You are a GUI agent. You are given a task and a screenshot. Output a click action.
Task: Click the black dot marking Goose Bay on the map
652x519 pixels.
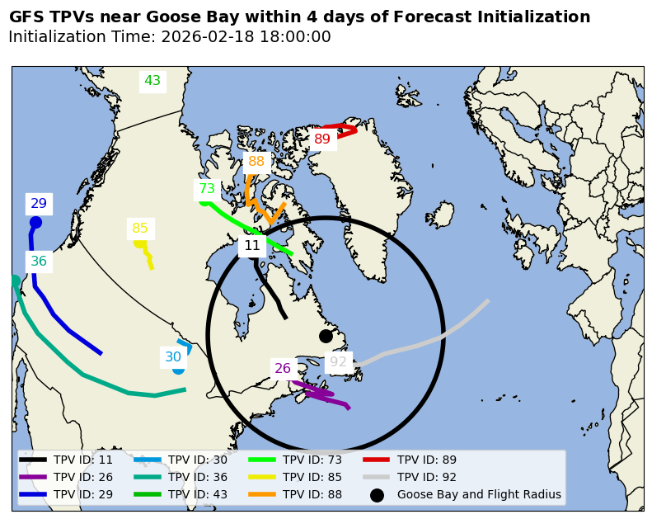coord(326,336)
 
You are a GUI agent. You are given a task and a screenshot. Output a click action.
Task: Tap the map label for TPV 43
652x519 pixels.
coord(152,81)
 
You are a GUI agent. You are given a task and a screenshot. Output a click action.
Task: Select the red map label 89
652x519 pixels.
coord(321,139)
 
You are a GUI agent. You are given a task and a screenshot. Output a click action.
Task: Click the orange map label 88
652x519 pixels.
coord(256,162)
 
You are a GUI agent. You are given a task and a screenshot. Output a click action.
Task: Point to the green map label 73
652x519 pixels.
coord(207,189)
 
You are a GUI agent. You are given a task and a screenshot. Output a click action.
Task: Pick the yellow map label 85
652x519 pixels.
coord(140,229)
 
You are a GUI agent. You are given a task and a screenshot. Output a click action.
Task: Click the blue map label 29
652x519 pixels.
coord(39,204)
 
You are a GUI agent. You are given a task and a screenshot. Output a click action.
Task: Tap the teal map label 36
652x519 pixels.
coord(39,262)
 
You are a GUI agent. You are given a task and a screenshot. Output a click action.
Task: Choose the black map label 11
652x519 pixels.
coord(252,246)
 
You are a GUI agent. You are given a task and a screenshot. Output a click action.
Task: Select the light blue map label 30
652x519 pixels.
coord(173,357)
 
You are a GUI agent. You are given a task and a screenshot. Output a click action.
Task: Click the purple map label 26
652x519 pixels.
coord(283,369)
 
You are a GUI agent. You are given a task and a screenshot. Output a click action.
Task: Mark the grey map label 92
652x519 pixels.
coord(339,362)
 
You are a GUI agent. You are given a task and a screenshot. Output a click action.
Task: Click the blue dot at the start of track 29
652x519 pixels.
coord(35,222)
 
